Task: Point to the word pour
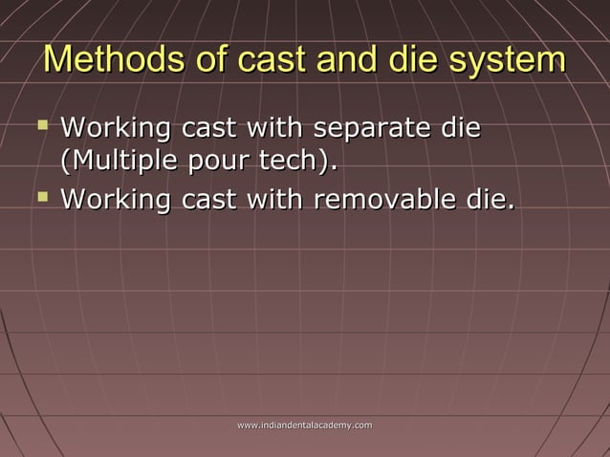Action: (x=210, y=163)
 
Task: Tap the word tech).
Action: (x=294, y=163)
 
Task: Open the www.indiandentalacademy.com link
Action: (x=304, y=422)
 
